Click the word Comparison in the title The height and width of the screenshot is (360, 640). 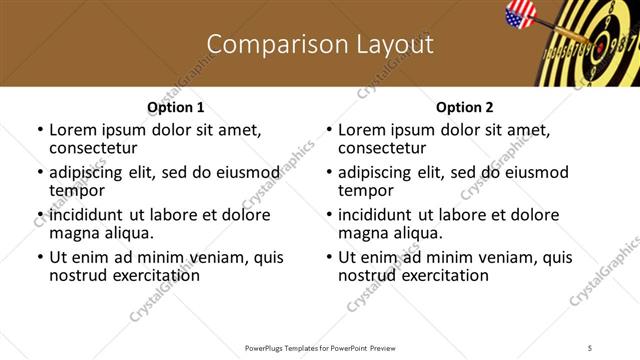(x=264, y=45)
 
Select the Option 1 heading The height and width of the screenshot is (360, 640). (x=176, y=107)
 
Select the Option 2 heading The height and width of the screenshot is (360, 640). (x=465, y=107)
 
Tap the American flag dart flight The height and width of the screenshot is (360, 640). (x=522, y=15)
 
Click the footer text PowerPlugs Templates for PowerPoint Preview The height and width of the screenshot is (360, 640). (x=319, y=347)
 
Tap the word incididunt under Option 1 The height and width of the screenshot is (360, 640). (x=89, y=215)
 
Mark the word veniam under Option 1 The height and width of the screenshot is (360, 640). (x=193, y=258)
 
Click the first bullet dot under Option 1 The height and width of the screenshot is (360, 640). (x=40, y=130)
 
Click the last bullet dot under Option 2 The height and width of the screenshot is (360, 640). (x=329, y=258)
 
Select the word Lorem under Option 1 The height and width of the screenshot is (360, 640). (x=71, y=129)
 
